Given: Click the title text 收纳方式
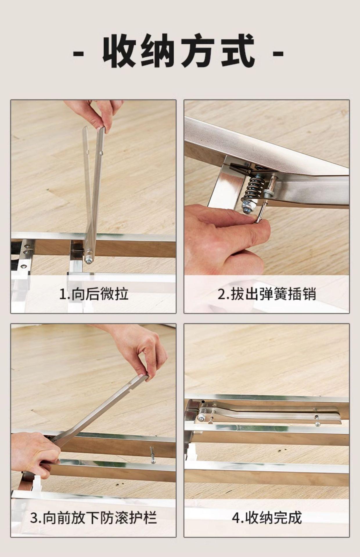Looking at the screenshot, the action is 179,51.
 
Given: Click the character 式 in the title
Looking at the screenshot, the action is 238,51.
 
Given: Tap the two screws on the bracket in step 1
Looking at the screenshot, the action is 27,249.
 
